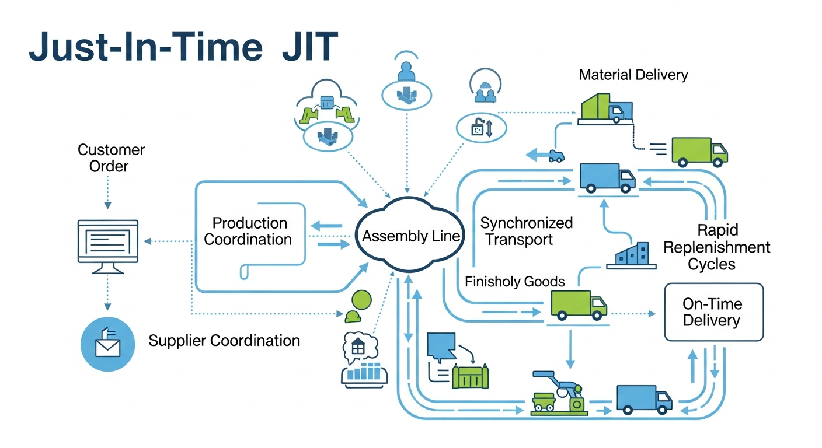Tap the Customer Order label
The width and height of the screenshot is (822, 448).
pyautogui.click(x=111, y=158)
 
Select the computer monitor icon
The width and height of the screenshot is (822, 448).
pyautogui.click(x=108, y=246)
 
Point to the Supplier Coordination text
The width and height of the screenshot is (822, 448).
pyautogui.click(x=224, y=341)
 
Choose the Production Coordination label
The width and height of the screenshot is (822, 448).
pyautogui.click(x=249, y=231)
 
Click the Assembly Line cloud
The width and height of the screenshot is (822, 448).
pyautogui.click(x=411, y=237)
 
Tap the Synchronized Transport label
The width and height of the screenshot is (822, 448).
pyautogui.click(x=526, y=231)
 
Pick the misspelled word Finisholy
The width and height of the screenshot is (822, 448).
pyautogui.click(x=492, y=282)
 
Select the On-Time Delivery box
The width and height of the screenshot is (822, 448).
pyautogui.click(x=714, y=312)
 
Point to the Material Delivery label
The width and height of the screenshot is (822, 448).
pyautogui.click(x=633, y=75)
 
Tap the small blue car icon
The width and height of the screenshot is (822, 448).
pyautogui.click(x=557, y=155)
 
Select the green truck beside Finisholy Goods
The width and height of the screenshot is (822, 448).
pyautogui.click(x=578, y=305)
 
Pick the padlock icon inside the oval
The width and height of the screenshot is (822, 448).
pyautogui.click(x=478, y=128)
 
